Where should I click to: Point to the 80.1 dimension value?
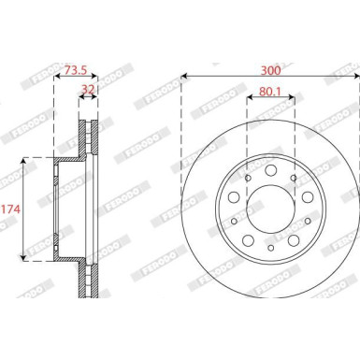click(x=270, y=92)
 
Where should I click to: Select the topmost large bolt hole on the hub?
click(x=270, y=169)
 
